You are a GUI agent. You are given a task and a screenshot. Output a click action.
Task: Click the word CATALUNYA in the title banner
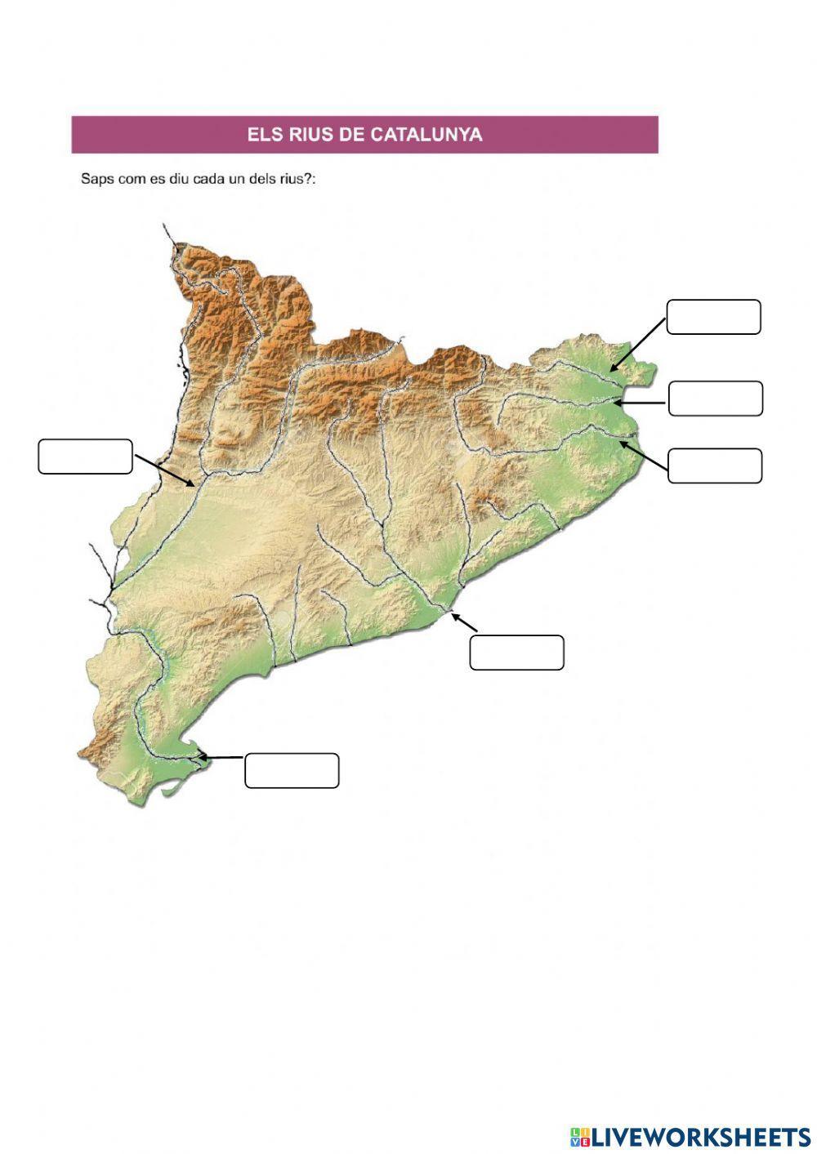pyautogui.click(x=426, y=135)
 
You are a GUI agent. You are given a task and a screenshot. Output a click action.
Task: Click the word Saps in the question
pyautogui.click(x=97, y=179)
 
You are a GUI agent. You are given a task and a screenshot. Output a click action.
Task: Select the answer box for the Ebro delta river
pyautogui.click(x=292, y=771)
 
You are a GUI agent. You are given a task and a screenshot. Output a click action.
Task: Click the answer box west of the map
pyautogui.click(x=85, y=457)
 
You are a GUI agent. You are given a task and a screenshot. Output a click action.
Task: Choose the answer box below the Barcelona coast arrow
pyautogui.click(x=516, y=653)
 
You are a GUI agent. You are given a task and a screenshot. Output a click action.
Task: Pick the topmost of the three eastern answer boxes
pyautogui.click(x=714, y=317)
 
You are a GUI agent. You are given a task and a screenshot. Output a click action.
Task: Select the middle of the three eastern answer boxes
pyautogui.click(x=716, y=399)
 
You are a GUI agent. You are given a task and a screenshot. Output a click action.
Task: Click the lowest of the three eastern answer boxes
pyautogui.click(x=715, y=466)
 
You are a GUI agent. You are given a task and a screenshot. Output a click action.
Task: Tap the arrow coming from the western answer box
pyautogui.click(x=165, y=470)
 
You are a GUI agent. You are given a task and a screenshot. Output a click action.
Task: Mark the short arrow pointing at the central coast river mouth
pyautogui.click(x=463, y=622)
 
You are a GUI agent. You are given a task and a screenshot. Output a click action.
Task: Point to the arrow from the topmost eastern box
pyautogui.click(x=638, y=345)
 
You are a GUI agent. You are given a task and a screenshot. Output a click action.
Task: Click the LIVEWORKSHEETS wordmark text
pyautogui.click(x=701, y=1136)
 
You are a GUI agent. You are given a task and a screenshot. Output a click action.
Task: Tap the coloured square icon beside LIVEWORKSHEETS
pyautogui.click(x=580, y=1136)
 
